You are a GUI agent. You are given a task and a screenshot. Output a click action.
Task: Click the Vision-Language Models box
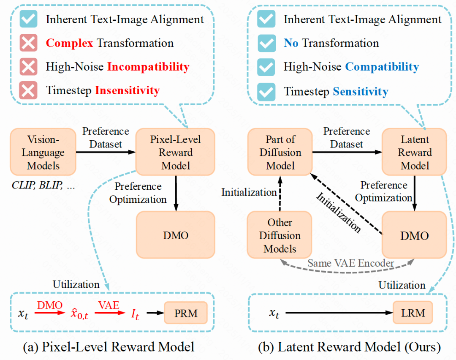tap(43, 152)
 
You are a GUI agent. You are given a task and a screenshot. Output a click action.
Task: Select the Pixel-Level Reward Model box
tap(175, 152)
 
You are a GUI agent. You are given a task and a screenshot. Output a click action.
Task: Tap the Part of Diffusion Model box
tap(280, 152)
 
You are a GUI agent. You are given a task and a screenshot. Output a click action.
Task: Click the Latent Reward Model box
tap(415, 152)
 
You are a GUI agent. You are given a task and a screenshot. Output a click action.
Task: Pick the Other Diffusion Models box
tap(280, 235)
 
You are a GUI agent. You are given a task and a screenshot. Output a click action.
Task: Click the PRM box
tap(186, 313)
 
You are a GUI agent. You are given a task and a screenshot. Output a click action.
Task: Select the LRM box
tap(413, 313)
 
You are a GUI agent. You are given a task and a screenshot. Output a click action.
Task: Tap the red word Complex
tap(70, 43)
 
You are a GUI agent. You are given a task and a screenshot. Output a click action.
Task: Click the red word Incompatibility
tap(148, 67)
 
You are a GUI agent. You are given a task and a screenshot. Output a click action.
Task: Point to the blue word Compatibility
tap(382, 67)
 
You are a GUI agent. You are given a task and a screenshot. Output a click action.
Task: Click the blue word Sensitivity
tap(361, 91)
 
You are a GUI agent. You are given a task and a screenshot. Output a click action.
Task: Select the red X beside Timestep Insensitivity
tap(28, 90)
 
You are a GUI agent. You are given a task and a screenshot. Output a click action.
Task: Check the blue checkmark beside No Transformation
tap(266, 43)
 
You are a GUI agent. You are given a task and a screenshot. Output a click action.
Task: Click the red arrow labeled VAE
tap(110, 313)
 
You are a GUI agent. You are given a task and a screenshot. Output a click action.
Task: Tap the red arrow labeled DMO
tap(50, 313)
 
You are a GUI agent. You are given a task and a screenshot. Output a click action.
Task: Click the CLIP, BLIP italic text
tap(43, 185)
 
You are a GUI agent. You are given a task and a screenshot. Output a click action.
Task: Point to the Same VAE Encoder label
tap(351, 263)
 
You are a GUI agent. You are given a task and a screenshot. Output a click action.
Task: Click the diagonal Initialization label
tap(339, 213)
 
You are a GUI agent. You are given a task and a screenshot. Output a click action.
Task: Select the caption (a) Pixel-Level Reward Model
tap(109, 347)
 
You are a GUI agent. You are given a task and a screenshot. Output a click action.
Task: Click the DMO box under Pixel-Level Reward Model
tap(175, 235)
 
